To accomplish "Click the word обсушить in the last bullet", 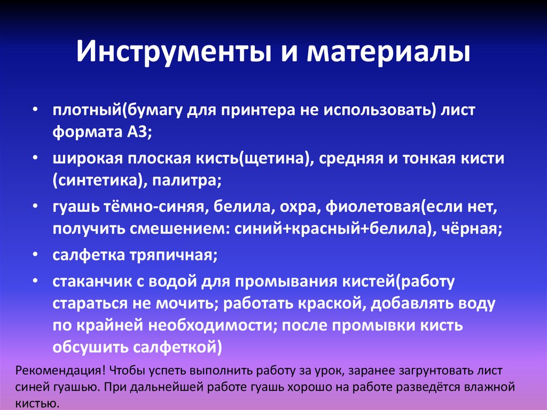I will tap(88, 347).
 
